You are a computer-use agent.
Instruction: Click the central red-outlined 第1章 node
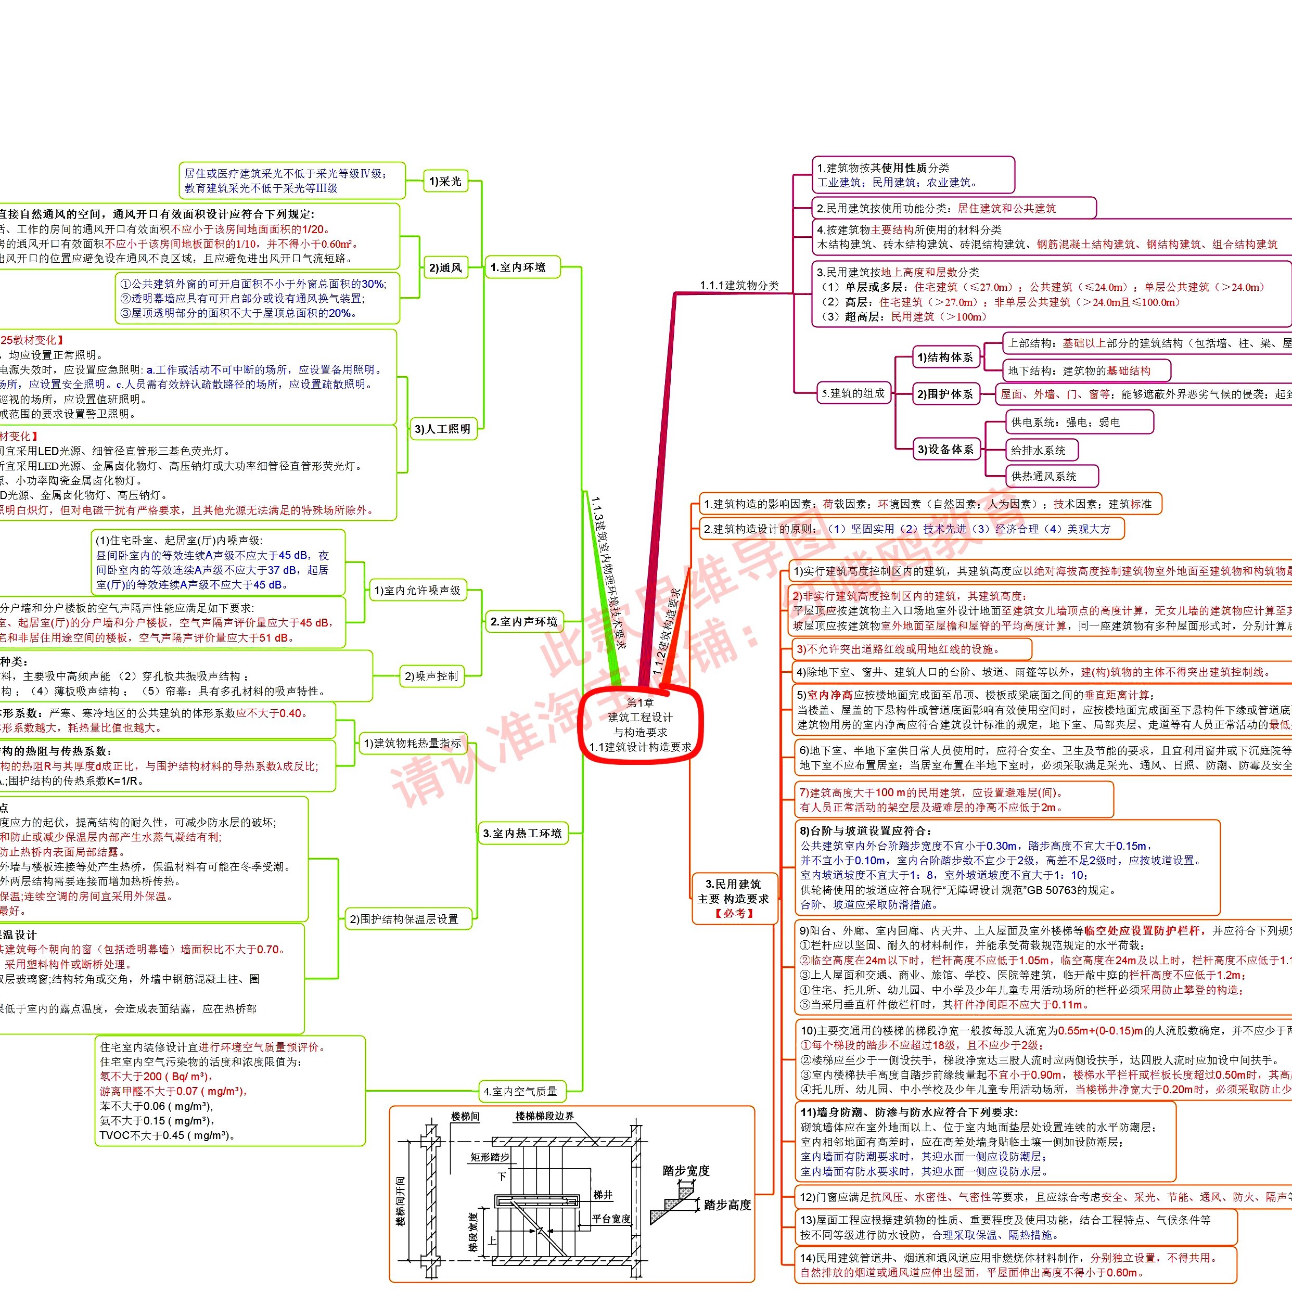(640, 725)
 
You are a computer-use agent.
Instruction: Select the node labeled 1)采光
(445, 181)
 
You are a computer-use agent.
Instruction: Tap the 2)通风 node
(445, 268)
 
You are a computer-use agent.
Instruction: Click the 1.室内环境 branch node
(521, 267)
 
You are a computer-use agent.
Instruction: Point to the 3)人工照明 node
(443, 429)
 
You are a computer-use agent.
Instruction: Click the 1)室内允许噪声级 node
(417, 591)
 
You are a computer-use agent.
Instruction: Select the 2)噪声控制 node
(431, 676)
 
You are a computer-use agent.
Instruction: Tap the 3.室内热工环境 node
(522, 833)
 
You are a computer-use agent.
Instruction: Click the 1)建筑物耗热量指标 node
(412, 743)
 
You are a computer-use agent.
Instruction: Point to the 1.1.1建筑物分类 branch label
(739, 286)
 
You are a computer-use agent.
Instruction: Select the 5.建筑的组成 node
(853, 393)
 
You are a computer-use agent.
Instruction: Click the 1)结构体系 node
(945, 357)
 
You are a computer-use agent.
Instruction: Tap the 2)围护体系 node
(945, 394)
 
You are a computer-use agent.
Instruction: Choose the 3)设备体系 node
(945, 450)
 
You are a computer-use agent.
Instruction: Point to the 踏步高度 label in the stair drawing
(727, 1205)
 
